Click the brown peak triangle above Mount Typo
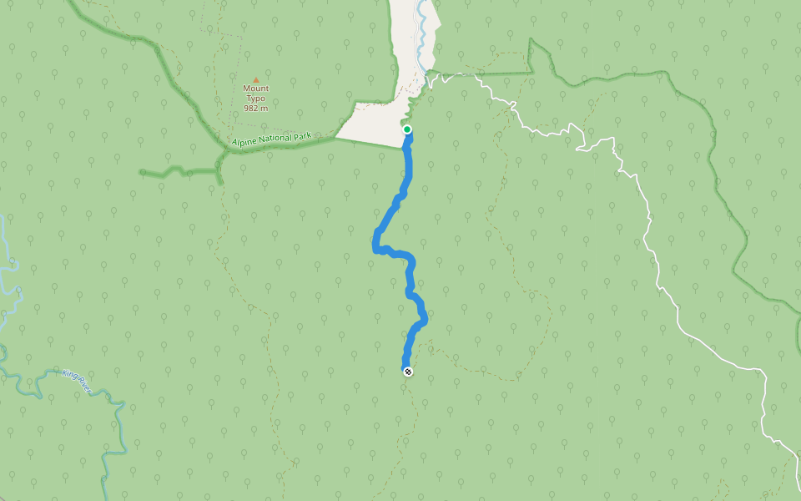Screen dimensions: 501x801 pyautogui.click(x=256, y=79)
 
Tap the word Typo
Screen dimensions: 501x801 pyautogui.click(x=256, y=98)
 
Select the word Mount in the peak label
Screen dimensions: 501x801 pyautogui.click(x=256, y=89)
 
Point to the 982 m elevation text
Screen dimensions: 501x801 pyautogui.click(x=256, y=108)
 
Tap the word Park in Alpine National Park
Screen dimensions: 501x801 pyautogui.click(x=316, y=134)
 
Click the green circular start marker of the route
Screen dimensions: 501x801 pyautogui.click(x=407, y=129)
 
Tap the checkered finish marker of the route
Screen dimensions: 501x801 pyautogui.click(x=408, y=372)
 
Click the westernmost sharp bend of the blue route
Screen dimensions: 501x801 pyautogui.click(x=375, y=247)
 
